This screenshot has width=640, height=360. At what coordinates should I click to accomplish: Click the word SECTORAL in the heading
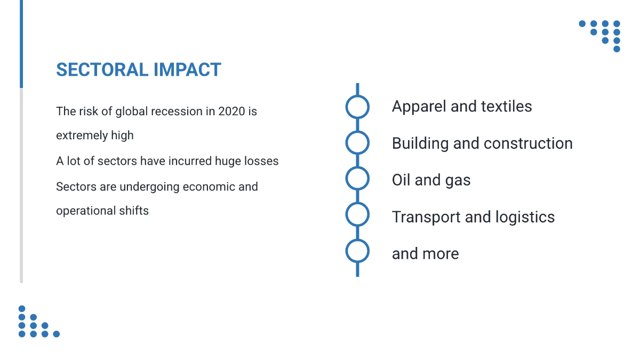coord(102,70)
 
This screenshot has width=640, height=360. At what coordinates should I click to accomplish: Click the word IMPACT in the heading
coord(187,70)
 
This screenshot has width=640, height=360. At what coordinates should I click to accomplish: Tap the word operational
coord(86,211)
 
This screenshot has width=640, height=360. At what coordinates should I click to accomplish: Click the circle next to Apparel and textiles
coord(357,96)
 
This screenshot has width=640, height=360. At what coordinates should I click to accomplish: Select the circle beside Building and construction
coord(357,132)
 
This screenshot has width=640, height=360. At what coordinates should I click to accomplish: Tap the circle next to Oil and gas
coord(357,167)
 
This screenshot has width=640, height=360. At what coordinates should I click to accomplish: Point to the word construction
coord(529,143)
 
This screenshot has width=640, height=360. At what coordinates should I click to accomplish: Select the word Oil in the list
coord(401,180)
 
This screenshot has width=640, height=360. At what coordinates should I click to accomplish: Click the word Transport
coord(426,218)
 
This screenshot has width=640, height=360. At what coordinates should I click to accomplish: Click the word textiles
coord(506,106)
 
